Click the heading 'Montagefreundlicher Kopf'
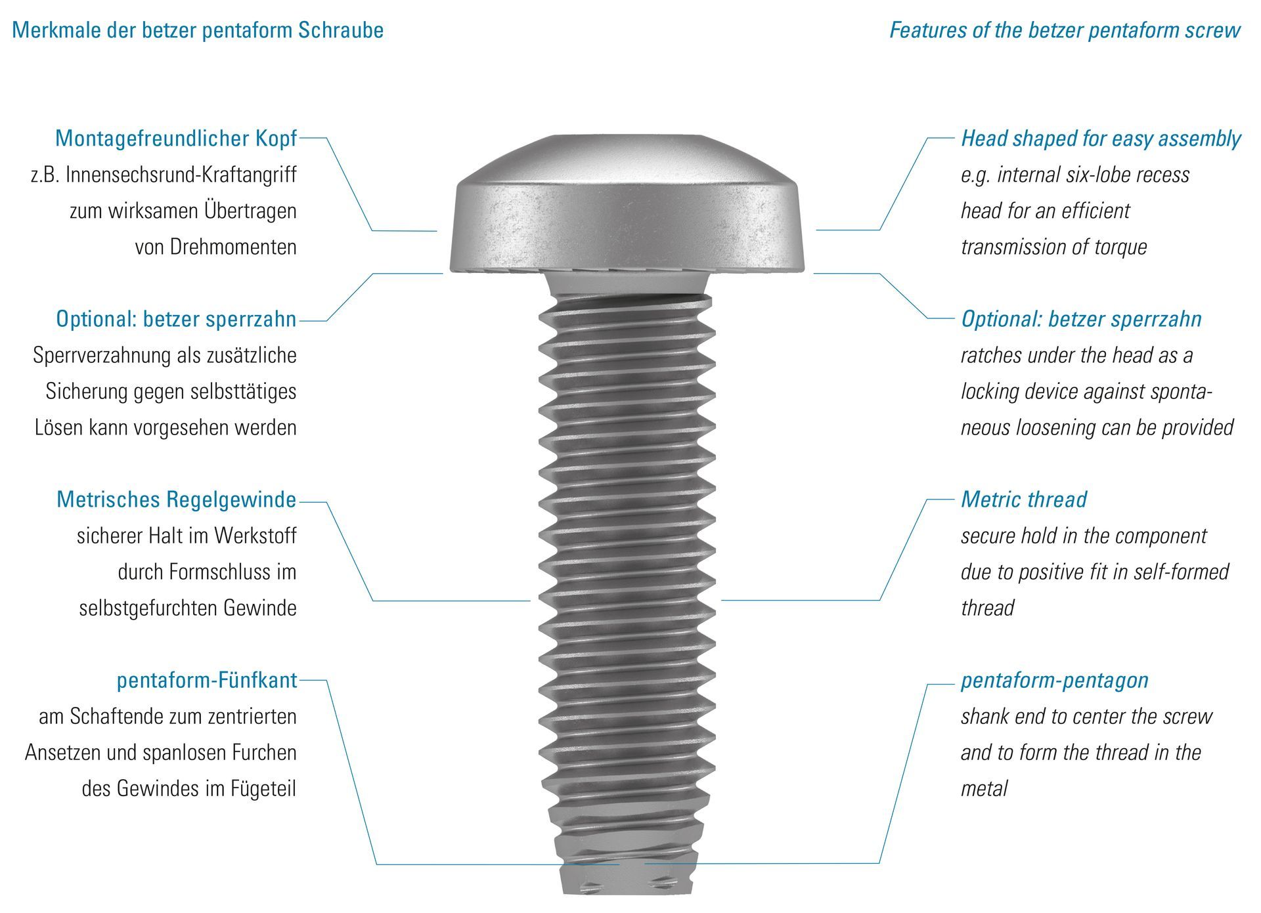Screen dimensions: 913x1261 click(176, 138)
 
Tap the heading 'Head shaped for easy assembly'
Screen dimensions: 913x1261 click(1100, 138)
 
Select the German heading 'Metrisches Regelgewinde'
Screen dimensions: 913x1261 click(176, 499)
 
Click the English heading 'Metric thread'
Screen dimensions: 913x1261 click(1023, 499)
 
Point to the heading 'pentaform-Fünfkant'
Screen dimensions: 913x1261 click(207, 680)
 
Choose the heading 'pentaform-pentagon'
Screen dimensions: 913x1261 click(1054, 680)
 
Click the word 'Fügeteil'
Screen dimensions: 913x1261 click(263, 789)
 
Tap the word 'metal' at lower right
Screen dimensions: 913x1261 click(984, 789)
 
